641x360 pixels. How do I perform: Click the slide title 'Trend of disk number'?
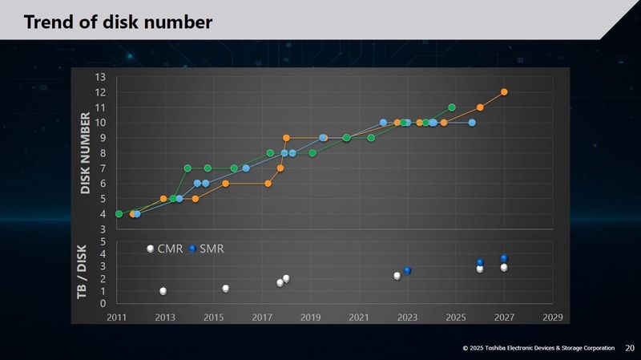coord(118,22)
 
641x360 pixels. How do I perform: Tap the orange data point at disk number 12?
coord(504,92)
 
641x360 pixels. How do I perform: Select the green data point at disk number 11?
coord(452,107)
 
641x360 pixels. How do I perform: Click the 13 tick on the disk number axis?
coord(100,77)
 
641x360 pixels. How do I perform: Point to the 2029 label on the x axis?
coord(552,318)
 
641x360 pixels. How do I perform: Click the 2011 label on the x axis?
coord(117,318)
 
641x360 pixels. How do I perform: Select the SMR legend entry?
coord(206,249)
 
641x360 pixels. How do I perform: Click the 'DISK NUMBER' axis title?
coord(86,153)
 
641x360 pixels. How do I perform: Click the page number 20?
coord(629,348)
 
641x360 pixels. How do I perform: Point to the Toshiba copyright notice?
coord(540,348)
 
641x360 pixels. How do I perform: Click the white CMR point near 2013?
coord(163,291)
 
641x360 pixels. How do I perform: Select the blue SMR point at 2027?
coord(504,258)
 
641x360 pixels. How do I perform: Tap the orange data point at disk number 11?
coord(480,107)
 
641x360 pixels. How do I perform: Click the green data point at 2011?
coord(119,214)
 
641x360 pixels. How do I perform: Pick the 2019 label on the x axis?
coord(310,318)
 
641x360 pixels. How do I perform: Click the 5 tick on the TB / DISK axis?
coord(103,241)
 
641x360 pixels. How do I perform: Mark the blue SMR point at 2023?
coord(407,271)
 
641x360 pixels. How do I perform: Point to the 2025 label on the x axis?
coord(455,318)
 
